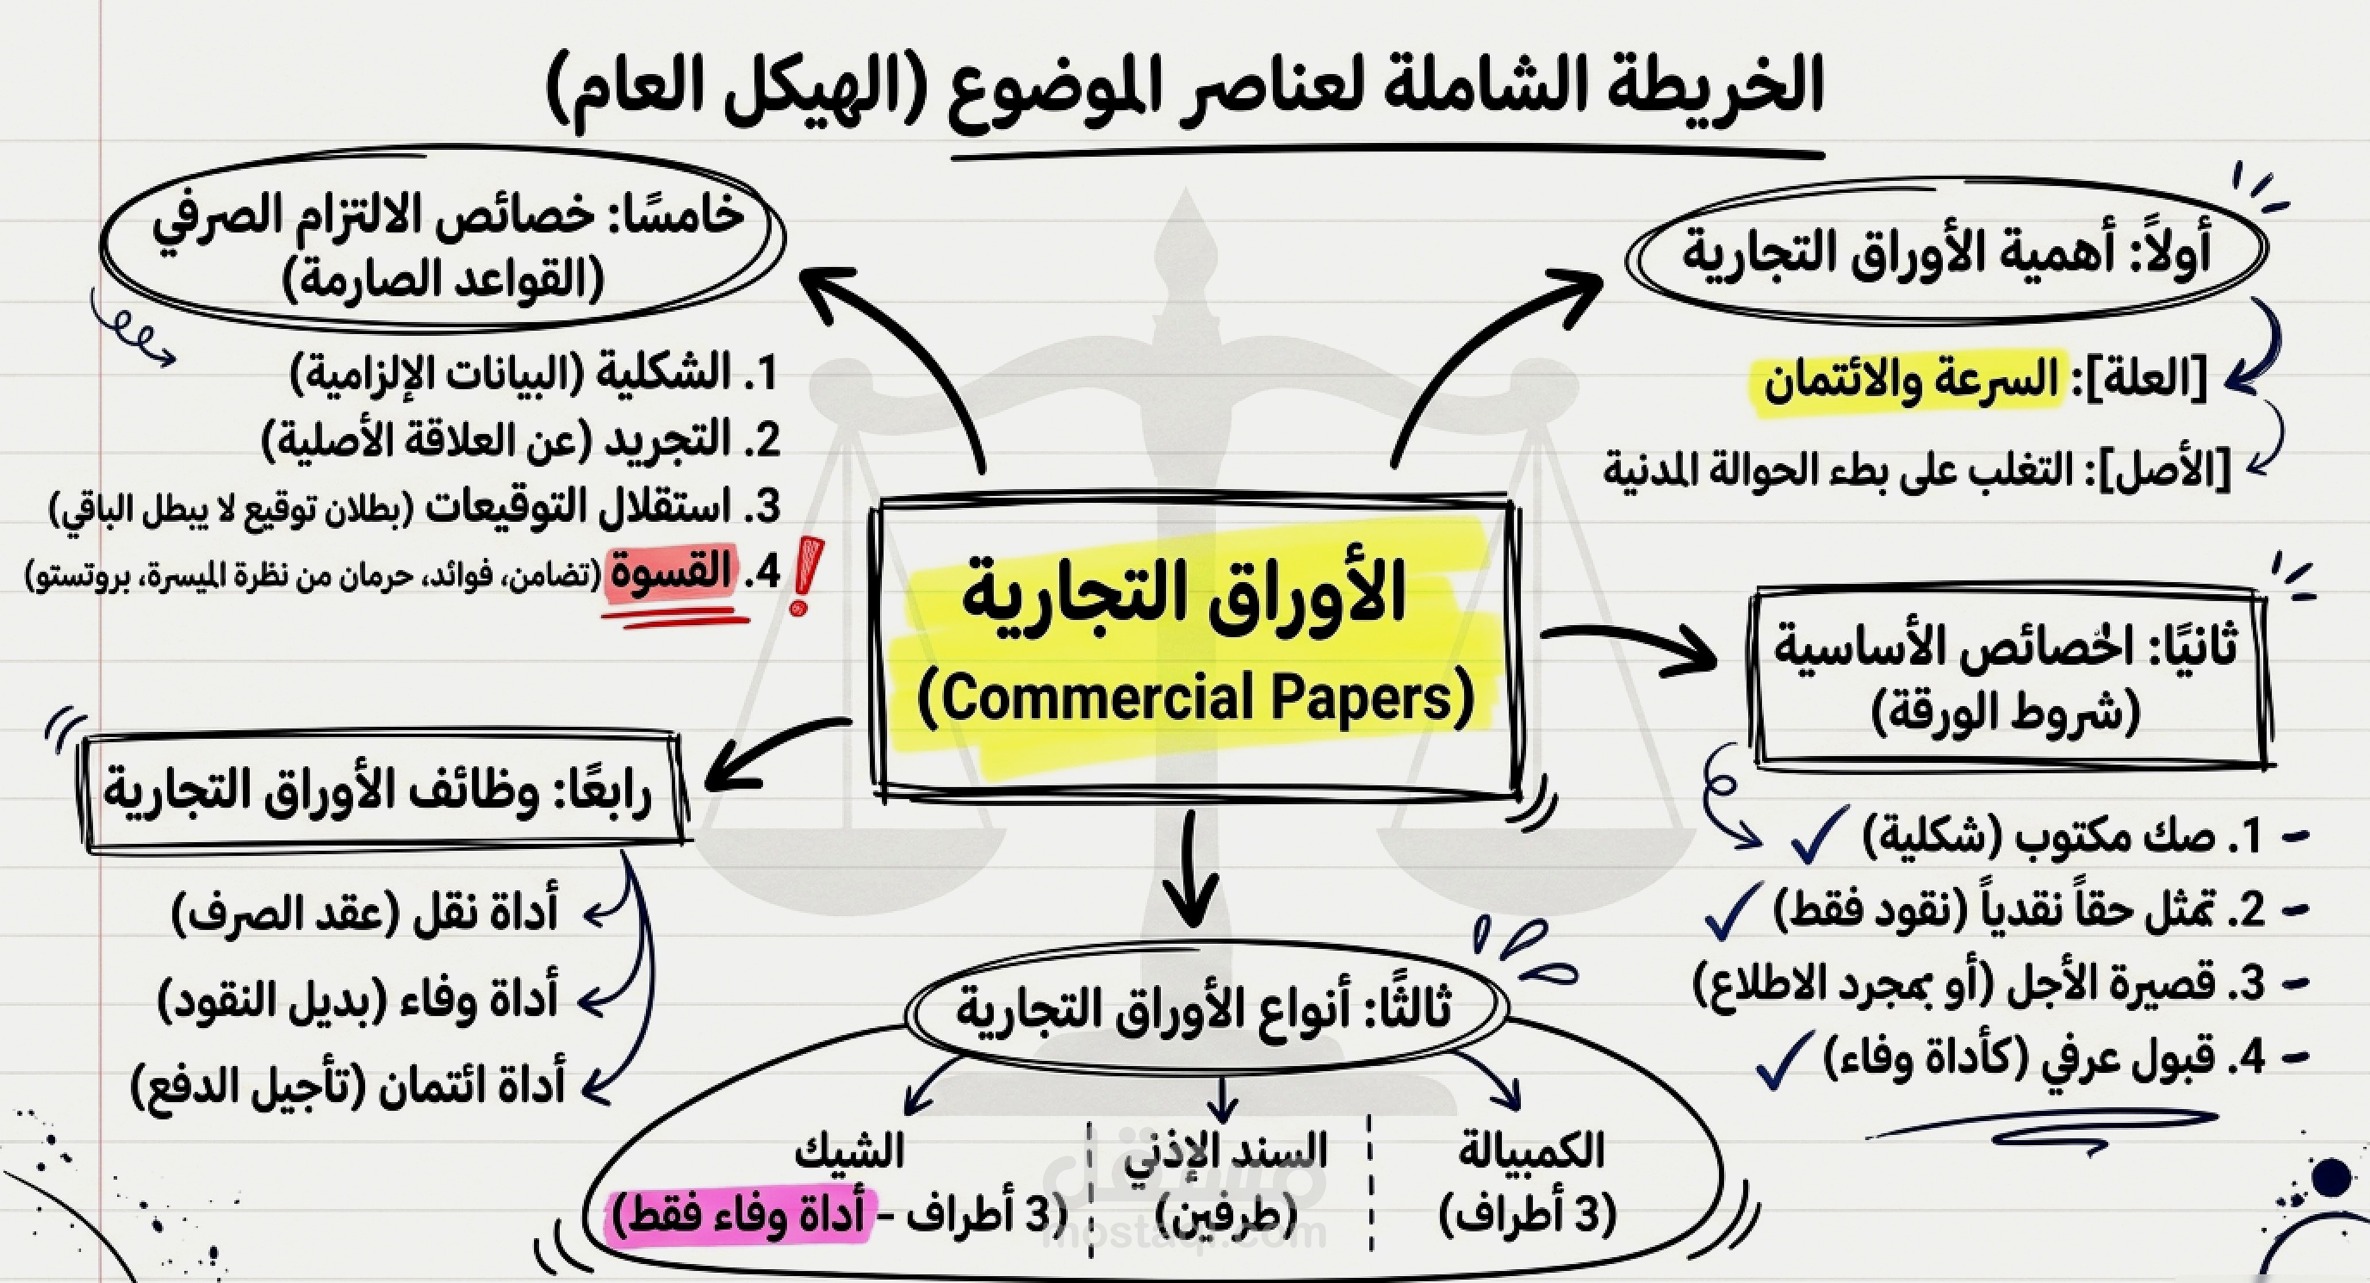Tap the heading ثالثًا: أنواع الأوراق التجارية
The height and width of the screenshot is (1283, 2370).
point(1205,1007)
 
